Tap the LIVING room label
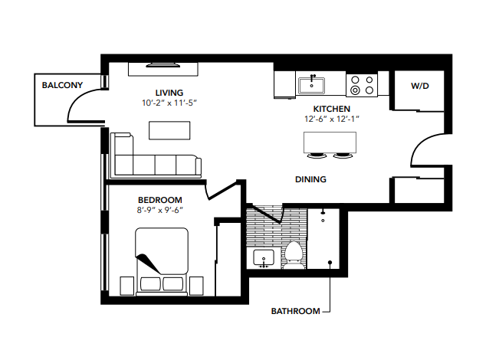(x=169, y=93)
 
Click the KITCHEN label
(x=332, y=110)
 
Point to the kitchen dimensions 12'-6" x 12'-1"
(x=332, y=119)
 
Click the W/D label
(x=419, y=87)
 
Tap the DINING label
(x=310, y=180)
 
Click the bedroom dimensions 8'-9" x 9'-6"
(x=160, y=209)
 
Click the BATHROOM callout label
(x=295, y=311)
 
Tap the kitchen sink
(x=312, y=83)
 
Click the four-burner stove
(x=362, y=84)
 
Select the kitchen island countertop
(x=330, y=142)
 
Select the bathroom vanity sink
(x=264, y=258)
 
